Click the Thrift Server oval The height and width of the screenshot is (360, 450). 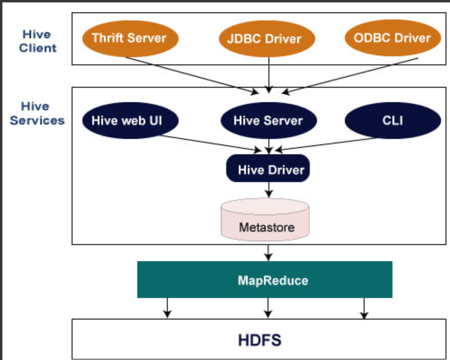[x=129, y=38]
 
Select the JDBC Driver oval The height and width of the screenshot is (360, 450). [x=264, y=40]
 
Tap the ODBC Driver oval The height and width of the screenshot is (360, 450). [x=392, y=38]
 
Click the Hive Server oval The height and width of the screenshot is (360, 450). [x=268, y=120]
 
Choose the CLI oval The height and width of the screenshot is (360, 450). [x=392, y=120]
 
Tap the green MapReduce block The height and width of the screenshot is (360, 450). [x=264, y=280]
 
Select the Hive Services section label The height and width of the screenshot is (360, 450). [x=37, y=113]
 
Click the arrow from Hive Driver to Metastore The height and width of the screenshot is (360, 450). [x=269, y=190]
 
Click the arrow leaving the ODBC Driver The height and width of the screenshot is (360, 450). [x=354, y=75]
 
